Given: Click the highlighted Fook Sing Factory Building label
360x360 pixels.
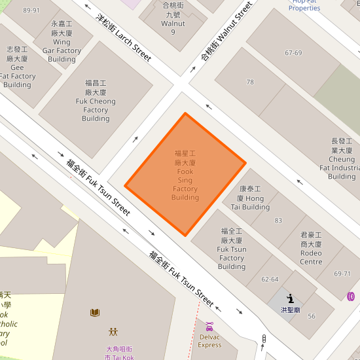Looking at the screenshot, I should coord(185,175).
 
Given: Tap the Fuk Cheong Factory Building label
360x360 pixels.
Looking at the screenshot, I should coord(96,101).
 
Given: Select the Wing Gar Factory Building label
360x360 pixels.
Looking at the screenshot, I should coord(62,41).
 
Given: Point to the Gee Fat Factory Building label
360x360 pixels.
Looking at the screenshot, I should coord(17,67).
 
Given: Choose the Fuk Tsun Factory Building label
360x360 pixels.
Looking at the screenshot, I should coord(232,249).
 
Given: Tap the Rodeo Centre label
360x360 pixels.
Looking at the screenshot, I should coord(312,248).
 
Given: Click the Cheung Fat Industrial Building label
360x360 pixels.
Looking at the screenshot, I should coord(342,158).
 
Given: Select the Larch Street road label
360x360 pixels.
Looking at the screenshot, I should coord(124,37).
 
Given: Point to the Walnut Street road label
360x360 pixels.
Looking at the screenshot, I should coord(226,31).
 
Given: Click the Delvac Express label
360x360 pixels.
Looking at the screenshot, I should coord(209,340).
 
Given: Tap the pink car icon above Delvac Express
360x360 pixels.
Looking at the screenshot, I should coord(209,326).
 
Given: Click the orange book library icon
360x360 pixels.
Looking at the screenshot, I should coord(95,312).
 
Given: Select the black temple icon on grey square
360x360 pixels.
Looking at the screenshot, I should coord(290,298).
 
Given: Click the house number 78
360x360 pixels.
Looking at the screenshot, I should coord(250,82).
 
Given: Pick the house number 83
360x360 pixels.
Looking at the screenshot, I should coord(278,221).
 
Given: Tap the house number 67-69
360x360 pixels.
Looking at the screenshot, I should coord(293,53).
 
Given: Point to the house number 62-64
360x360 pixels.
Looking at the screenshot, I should coord(270,279).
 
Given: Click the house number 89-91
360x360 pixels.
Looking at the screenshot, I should coord(31,10).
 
